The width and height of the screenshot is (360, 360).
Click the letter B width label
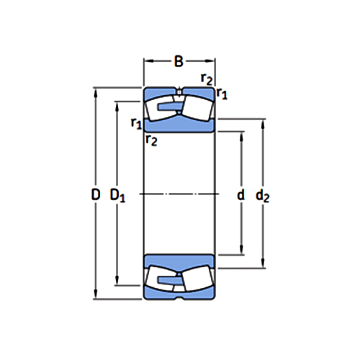click(179, 62)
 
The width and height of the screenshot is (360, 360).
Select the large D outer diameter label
click(95, 194)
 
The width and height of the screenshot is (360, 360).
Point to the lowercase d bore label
click(240, 194)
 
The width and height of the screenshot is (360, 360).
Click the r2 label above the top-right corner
click(207, 78)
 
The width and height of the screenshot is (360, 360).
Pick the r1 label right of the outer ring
click(222, 93)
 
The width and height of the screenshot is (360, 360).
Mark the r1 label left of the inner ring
click(135, 123)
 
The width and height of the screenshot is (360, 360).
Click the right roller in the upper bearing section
click(197, 109)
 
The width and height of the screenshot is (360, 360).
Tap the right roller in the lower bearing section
click(197, 279)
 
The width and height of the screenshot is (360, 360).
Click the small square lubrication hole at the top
click(179, 91)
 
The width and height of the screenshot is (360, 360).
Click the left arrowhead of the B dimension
click(147, 62)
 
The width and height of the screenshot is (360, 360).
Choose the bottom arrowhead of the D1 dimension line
click(117, 282)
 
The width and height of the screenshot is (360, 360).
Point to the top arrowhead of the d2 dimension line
click(263, 123)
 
